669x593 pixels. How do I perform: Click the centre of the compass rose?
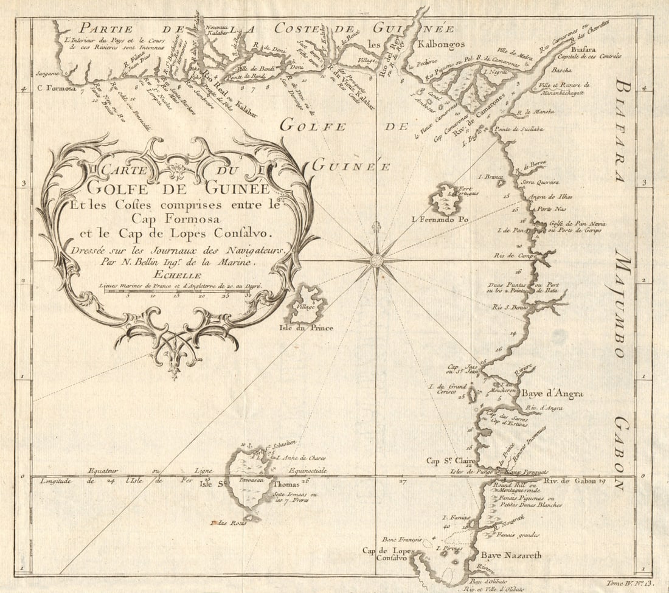click(x=376, y=261)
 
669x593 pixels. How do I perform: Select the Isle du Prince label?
click(x=305, y=328)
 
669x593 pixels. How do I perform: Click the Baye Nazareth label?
click(x=511, y=555)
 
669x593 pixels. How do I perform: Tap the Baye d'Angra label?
click(x=552, y=394)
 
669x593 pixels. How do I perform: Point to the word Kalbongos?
click(x=441, y=44)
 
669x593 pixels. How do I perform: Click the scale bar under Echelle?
click(x=176, y=291)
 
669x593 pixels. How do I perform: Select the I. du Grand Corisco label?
click(x=447, y=389)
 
